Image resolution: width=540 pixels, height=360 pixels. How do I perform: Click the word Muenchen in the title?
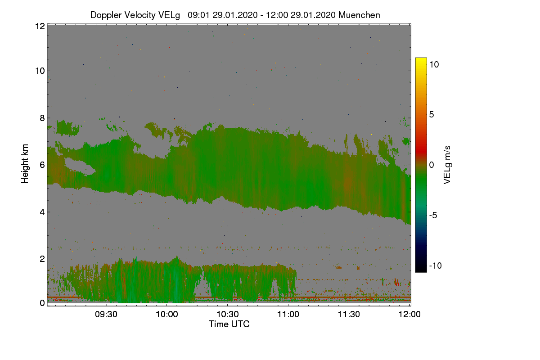359,15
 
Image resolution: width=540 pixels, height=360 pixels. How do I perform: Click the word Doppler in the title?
106,15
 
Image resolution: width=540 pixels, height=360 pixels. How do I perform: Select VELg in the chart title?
169,15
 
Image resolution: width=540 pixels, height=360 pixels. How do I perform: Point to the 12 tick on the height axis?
40,26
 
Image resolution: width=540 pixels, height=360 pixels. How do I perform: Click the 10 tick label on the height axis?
40,71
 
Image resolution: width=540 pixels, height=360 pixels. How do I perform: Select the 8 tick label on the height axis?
42,118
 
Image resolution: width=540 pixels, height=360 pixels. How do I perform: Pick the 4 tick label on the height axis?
42,212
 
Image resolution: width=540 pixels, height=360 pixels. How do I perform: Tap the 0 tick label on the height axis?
42,303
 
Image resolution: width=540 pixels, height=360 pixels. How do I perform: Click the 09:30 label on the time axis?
106,314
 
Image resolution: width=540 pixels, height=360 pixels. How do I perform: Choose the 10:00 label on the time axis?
167,314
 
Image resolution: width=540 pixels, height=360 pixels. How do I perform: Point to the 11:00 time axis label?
288,314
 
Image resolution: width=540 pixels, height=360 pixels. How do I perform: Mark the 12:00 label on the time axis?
409,314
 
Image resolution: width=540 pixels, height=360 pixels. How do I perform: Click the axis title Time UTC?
229,324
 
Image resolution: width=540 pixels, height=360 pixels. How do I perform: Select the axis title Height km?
25,164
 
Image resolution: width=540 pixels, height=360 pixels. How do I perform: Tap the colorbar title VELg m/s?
447,165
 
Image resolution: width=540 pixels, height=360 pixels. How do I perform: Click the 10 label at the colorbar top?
434,64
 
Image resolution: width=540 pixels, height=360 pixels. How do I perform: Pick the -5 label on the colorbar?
433,215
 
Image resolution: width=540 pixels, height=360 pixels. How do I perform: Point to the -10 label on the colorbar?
436,265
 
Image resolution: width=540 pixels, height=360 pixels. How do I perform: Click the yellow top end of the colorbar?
421,59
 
